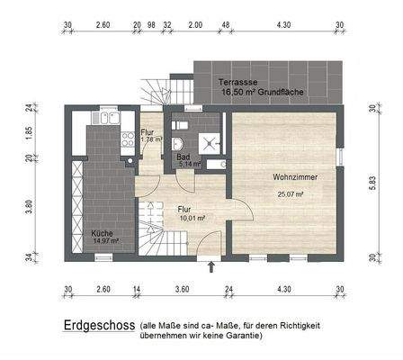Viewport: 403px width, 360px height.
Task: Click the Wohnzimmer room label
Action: (x=289, y=178)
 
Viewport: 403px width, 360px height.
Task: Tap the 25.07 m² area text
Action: (x=289, y=193)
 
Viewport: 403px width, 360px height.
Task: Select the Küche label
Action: (x=102, y=233)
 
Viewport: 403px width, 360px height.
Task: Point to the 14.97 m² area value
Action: (x=105, y=241)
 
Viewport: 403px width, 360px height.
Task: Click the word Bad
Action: (x=183, y=156)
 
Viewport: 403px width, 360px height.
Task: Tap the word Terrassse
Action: (x=237, y=82)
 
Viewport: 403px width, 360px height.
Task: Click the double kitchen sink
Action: (x=106, y=120)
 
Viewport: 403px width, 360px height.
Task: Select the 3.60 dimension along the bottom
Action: (x=182, y=289)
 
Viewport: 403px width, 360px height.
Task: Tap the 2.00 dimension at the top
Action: (x=195, y=26)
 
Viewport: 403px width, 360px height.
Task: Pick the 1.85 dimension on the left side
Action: (x=29, y=130)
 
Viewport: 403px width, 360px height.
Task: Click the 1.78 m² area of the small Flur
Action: (x=150, y=139)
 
